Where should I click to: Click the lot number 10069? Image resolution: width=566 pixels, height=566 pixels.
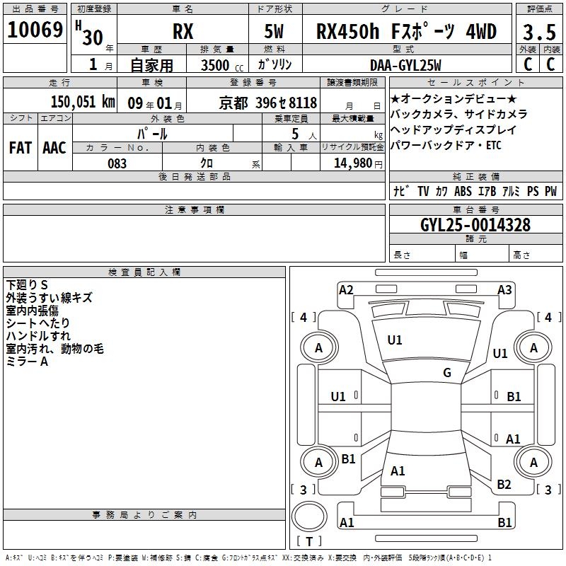(x=35, y=30)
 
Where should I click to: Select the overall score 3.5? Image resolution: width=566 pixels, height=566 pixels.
(x=539, y=32)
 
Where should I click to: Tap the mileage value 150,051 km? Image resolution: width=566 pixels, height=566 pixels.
(x=83, y=102)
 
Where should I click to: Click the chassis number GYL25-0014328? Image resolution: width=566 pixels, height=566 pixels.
(x=475, y=225)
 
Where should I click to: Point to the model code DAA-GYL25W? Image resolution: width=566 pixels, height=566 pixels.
(x=405, y=65)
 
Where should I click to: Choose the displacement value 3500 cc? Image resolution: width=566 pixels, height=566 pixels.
(x=222, y=65)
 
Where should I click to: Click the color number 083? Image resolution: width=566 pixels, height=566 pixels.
(x=117, y=163)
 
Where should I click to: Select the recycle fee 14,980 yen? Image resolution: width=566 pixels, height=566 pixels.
(x=358, y=163)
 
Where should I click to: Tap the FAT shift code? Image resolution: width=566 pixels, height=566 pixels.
(x=21, y=148)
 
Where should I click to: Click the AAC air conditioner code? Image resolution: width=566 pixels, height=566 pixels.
(x=54, y=148)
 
